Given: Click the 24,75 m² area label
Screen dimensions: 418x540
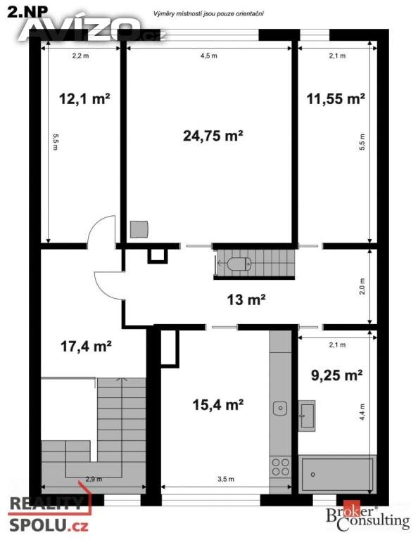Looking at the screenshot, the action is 213,136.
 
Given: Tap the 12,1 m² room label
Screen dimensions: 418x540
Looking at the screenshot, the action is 84,99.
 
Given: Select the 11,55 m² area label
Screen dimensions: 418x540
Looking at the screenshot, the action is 336,99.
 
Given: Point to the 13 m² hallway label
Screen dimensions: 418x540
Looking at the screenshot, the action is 246,300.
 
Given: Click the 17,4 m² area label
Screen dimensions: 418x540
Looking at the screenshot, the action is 86,346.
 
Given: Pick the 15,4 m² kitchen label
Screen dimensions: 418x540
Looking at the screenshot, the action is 218,405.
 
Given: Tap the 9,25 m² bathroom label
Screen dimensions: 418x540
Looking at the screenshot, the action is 336,375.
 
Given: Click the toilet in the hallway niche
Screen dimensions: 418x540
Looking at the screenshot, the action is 239,264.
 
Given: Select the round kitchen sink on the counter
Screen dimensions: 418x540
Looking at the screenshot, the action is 280,409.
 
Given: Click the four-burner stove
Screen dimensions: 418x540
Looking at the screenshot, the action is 281,466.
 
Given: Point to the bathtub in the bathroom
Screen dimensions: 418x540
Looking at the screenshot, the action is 337,474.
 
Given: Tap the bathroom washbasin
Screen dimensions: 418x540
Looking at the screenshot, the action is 307,415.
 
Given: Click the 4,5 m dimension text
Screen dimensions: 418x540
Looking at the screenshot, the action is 209,56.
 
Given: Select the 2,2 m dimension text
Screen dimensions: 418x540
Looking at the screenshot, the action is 80,56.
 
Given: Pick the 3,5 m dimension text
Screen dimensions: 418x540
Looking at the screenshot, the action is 226,479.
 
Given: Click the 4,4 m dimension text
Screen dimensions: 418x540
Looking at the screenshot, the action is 362,412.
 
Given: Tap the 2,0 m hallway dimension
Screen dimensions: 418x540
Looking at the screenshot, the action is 362,286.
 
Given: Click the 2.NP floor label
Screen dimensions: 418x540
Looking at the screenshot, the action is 27,12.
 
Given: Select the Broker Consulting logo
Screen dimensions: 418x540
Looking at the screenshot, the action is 368,518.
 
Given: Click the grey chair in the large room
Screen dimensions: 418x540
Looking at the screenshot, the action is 139,229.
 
